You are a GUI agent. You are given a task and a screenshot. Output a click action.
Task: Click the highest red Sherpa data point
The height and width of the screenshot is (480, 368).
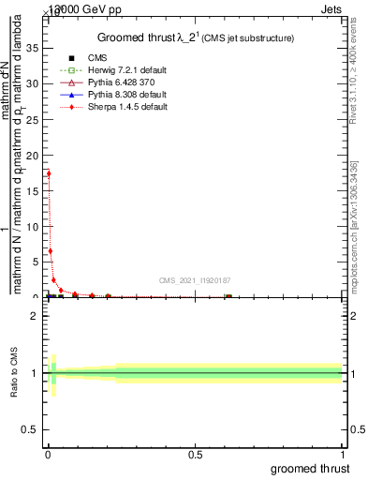[x=49, y=173]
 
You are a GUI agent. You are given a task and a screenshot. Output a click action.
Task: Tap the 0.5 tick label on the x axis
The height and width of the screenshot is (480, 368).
[x=195, y=455]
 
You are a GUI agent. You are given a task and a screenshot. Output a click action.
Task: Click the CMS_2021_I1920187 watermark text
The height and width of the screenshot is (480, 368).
[x=195, y=279]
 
